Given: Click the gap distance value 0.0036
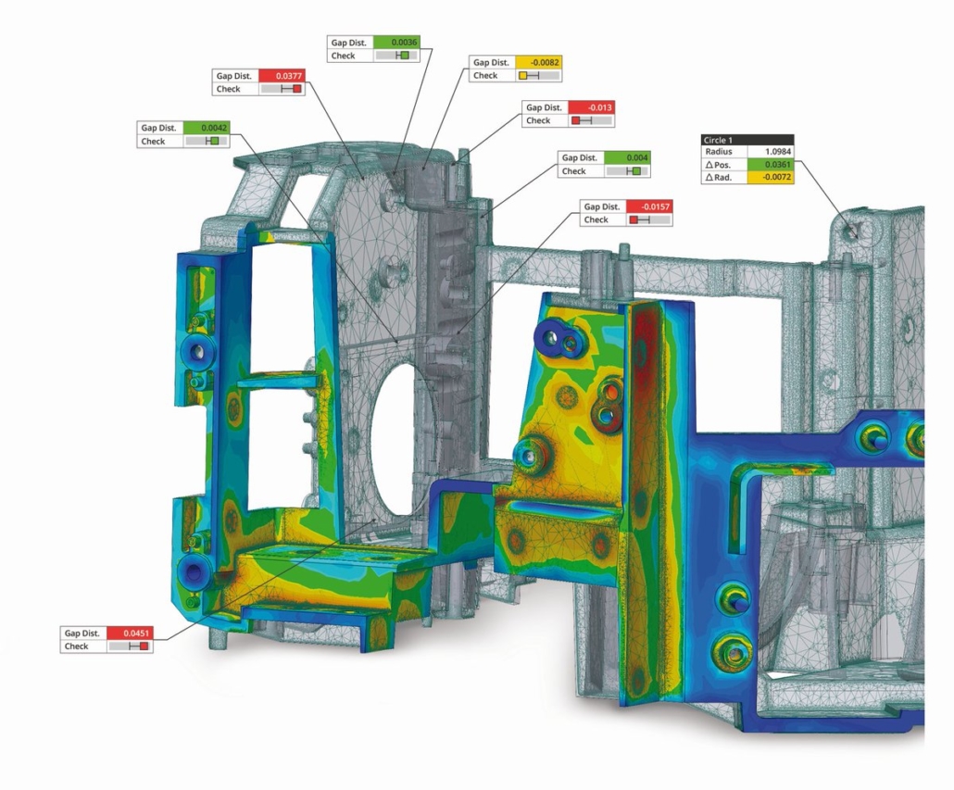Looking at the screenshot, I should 396,43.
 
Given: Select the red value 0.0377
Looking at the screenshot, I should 281,76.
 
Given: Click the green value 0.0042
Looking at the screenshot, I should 206,128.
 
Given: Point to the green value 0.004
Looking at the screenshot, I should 627,157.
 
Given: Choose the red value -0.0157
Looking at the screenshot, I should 649,207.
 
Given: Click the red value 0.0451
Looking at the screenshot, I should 130,633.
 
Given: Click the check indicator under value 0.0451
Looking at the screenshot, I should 130,646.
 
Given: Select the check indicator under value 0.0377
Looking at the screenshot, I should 281,89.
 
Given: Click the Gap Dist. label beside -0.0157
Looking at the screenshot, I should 602,207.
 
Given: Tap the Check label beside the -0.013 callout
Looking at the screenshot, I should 539,120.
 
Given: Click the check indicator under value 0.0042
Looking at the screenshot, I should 206,141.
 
